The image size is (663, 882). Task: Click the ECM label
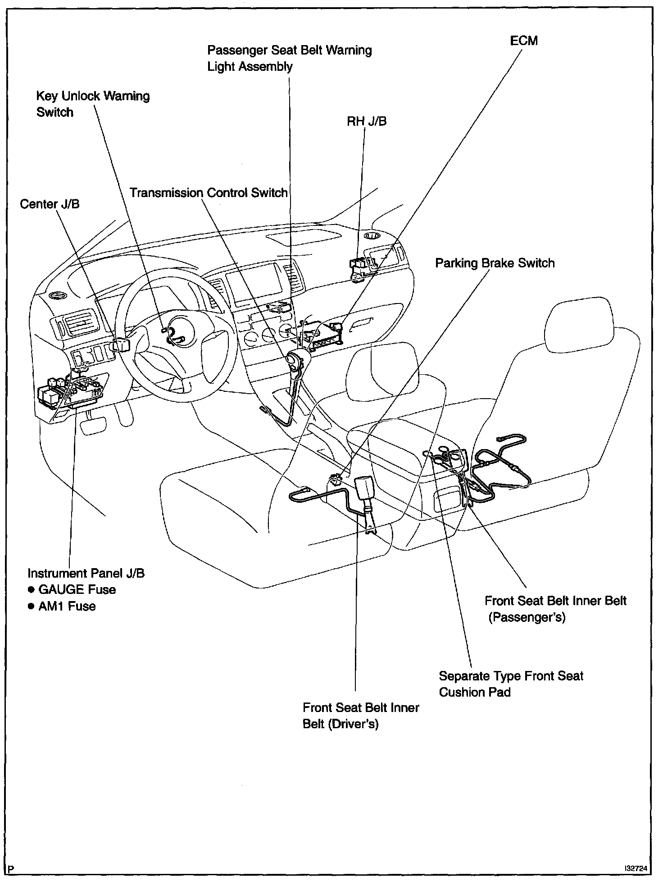[523, 41]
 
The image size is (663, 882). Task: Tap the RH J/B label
[366, 121]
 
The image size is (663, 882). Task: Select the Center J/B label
[50, 204]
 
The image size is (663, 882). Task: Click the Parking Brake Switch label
[495, 263]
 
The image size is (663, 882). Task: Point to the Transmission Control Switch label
[209, 193]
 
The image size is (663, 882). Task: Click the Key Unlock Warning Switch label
[92, 104]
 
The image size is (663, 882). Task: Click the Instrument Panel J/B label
[86, 573]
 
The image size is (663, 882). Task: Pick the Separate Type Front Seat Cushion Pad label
[511, 684]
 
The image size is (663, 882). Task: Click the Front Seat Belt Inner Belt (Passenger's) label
[555, 608]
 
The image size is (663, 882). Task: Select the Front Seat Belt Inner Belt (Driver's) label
[361, 716]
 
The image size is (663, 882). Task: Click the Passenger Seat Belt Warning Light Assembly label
[289, 58]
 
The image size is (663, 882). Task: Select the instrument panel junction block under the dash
[72, 388]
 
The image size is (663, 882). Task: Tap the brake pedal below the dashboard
[94, 425]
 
